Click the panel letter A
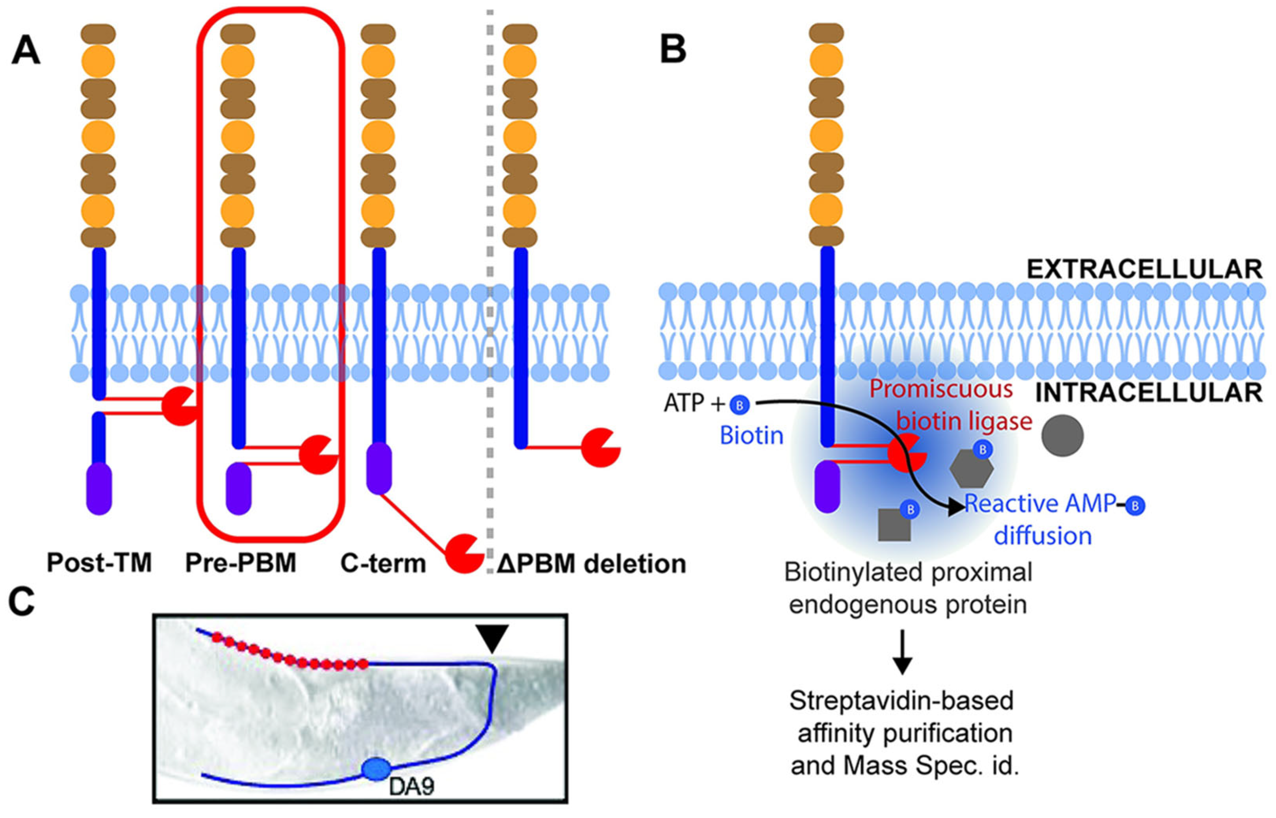(x=26, y=52)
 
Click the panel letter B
(x=673, y=50)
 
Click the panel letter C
(x=22, y=603)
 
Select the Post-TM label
(x=99, y=562)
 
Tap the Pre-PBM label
(x=241, y=562)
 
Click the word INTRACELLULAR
(x=1148, y=393)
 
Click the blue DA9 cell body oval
(x=376, y=769)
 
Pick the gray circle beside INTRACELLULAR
(x=1062, y=436)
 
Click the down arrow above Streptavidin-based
(x=902, y=653)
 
